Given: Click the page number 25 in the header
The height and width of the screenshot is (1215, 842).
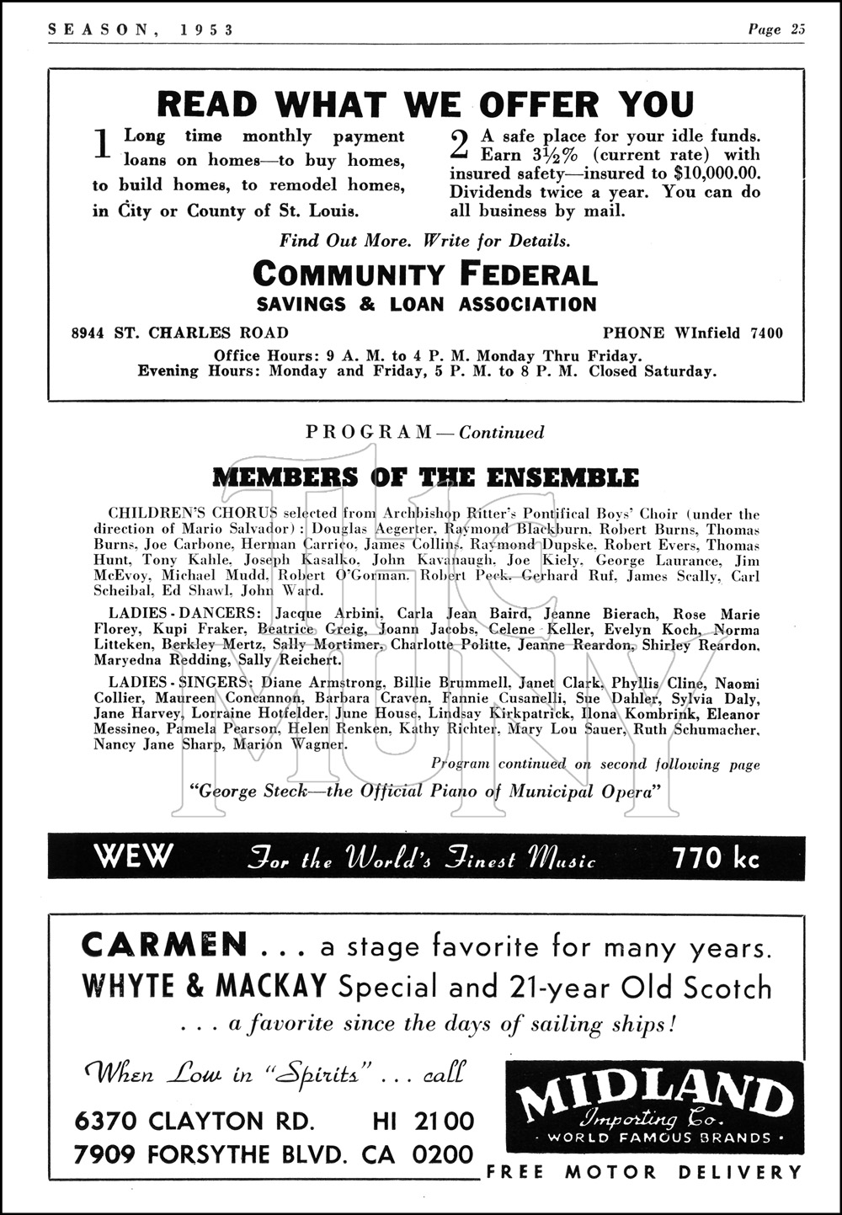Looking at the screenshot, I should (797, 29).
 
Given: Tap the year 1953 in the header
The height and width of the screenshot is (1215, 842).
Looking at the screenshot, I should (205, 29).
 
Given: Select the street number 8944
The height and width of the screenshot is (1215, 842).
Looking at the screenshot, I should (88, 333).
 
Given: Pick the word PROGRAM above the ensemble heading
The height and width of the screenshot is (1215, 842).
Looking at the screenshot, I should (369, 432).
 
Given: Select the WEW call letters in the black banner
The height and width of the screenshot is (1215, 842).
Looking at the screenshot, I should (133, 857).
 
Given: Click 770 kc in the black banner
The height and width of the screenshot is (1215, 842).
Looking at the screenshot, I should (716, 857).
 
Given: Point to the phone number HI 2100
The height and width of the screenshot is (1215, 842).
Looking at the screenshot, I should (423, 1121).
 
